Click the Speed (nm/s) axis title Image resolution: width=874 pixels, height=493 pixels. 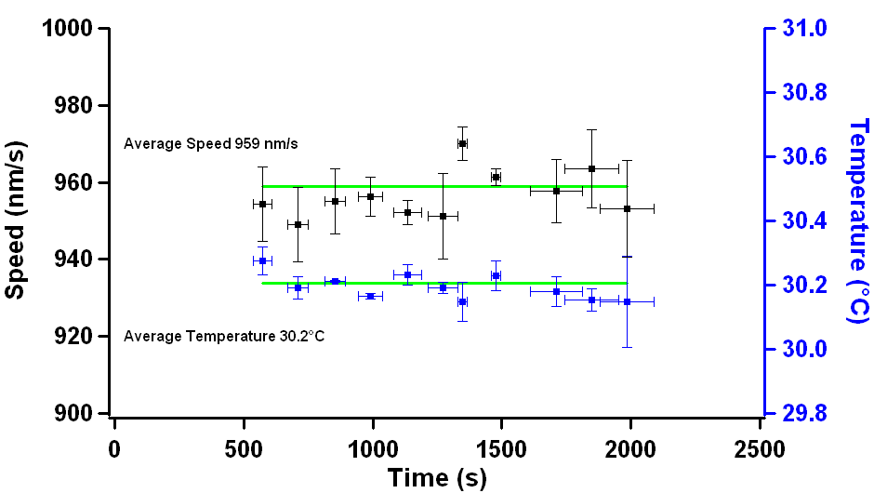point(15,220)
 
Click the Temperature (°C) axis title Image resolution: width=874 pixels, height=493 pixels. point(857,220)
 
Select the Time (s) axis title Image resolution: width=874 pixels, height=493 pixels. point(437,478)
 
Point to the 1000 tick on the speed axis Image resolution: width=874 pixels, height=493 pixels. point(68,29)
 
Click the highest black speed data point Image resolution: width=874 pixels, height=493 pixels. point(462,143)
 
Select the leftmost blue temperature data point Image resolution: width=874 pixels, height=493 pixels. point(262,261)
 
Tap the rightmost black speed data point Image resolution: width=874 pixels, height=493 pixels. point(627,209)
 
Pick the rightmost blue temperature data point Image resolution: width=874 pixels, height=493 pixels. point(627,301)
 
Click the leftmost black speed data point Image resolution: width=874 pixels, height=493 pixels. point(262,204)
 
